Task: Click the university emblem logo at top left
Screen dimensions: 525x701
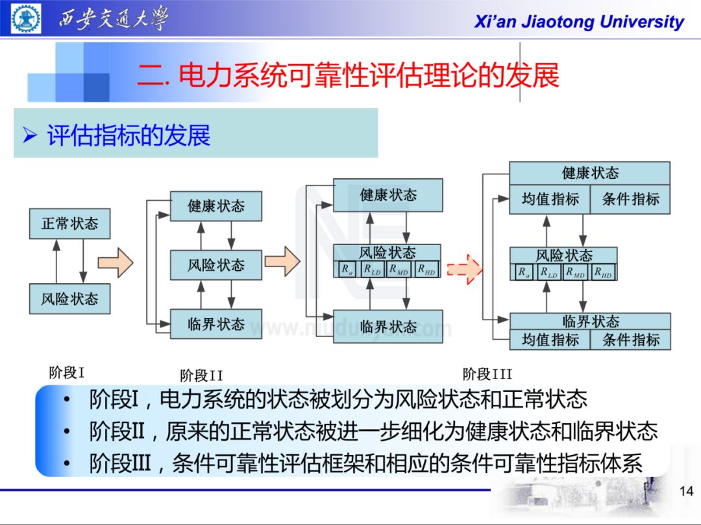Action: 27,19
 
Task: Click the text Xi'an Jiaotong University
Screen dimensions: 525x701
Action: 579,22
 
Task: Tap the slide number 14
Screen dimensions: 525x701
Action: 686,492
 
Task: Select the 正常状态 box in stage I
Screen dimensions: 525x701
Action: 69,224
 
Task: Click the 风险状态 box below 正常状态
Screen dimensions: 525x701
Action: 69,299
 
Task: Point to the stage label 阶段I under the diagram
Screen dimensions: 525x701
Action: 67,373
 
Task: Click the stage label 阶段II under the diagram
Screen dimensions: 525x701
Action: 201,375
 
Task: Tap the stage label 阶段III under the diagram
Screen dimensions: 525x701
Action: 487,374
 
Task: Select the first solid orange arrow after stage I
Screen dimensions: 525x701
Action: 116,262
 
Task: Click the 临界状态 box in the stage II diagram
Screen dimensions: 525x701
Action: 216,323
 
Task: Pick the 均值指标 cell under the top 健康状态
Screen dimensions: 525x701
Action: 550,199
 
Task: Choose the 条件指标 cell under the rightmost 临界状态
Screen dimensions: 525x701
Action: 630,340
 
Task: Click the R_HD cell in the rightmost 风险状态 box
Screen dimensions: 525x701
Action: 603,273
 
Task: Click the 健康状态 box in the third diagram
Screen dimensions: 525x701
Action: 387,195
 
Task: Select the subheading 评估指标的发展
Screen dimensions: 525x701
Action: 129,135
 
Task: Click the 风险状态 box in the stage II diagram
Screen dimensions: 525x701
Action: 216,265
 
